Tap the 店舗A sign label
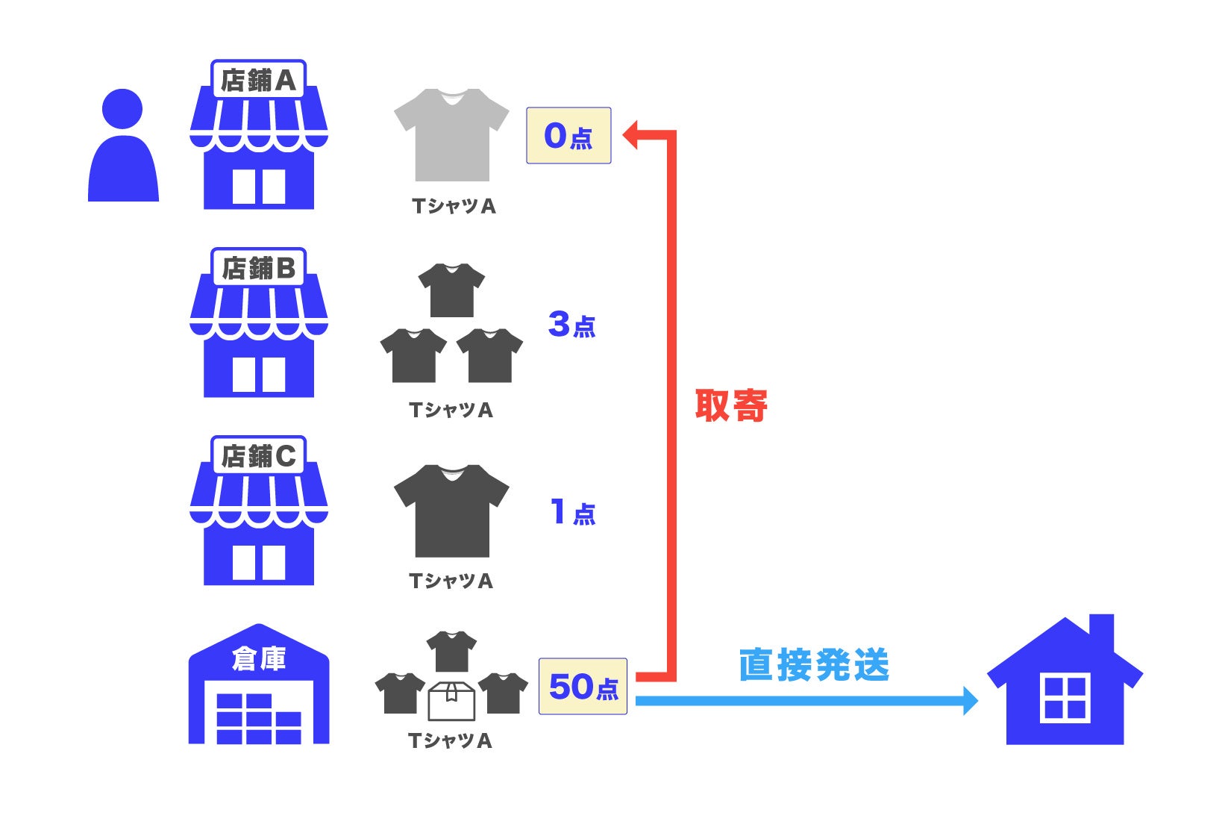pyautogui.click(x=258, y=80)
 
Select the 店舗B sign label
pyautogui.click(x=258, y=268)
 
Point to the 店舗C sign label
pyautogui.click(x=258, y=456)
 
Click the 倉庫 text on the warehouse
pyautogui.click(x=258, y=659)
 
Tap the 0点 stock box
pyautogui.click(x=568, y=136)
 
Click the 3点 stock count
pyautogui.click(x=571, y=325)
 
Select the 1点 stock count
pyautogui.click(x=572, y=513)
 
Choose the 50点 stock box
pyautogui.click(x=583, y=687)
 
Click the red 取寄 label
pyautogui.click(x=731, y=406)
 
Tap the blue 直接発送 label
pyautogui.click(x=814, y=664)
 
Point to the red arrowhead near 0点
pyautogui.click(x=631, y=135)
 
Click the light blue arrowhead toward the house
pyautogui.click(x=970, y=700)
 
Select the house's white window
pyautogui.click(x=1065, y=697)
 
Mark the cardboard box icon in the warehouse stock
pyautogui.click(x=451, y=701)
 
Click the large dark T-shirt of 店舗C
pyautogui.click(x=451, y=511)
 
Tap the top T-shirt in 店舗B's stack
pyautogui.click(x=451, y=290)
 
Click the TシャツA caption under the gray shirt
pyautogui.click(x=454, y=207)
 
